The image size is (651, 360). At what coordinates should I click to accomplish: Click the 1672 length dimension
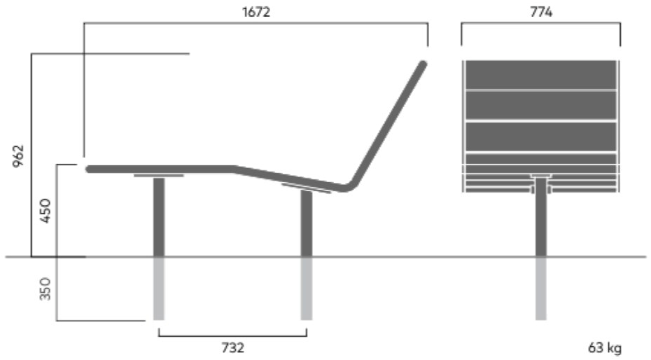(256, 12)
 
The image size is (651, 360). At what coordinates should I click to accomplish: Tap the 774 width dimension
(541, 12)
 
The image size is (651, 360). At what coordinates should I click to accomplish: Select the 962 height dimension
(19, 155)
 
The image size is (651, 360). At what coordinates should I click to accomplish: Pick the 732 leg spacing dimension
(232, 347)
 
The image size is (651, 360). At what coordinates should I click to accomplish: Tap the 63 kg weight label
(605, 347)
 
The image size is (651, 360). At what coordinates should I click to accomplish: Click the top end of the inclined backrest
(423, 64)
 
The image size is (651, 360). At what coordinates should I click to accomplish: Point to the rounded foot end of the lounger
(89, 169)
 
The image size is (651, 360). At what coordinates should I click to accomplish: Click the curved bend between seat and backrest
(351, 186)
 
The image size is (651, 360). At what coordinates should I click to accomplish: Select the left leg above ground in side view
(159, 217)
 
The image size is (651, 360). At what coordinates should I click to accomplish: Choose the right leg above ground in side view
(307, 223)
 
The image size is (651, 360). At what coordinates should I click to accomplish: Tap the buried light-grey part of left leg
(159, 289)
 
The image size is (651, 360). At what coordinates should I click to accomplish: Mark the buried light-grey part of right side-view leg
(307, 289)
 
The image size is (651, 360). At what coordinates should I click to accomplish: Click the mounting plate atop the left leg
(159, 176)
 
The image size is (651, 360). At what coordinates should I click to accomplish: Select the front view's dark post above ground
(540, 217)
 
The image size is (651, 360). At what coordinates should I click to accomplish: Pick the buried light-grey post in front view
(540, 289)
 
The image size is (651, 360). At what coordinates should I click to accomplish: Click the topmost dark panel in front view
(541, 75)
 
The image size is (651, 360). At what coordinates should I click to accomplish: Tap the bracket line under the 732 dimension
(232, 335)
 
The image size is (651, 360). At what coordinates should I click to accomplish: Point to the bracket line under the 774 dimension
(541, 23)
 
